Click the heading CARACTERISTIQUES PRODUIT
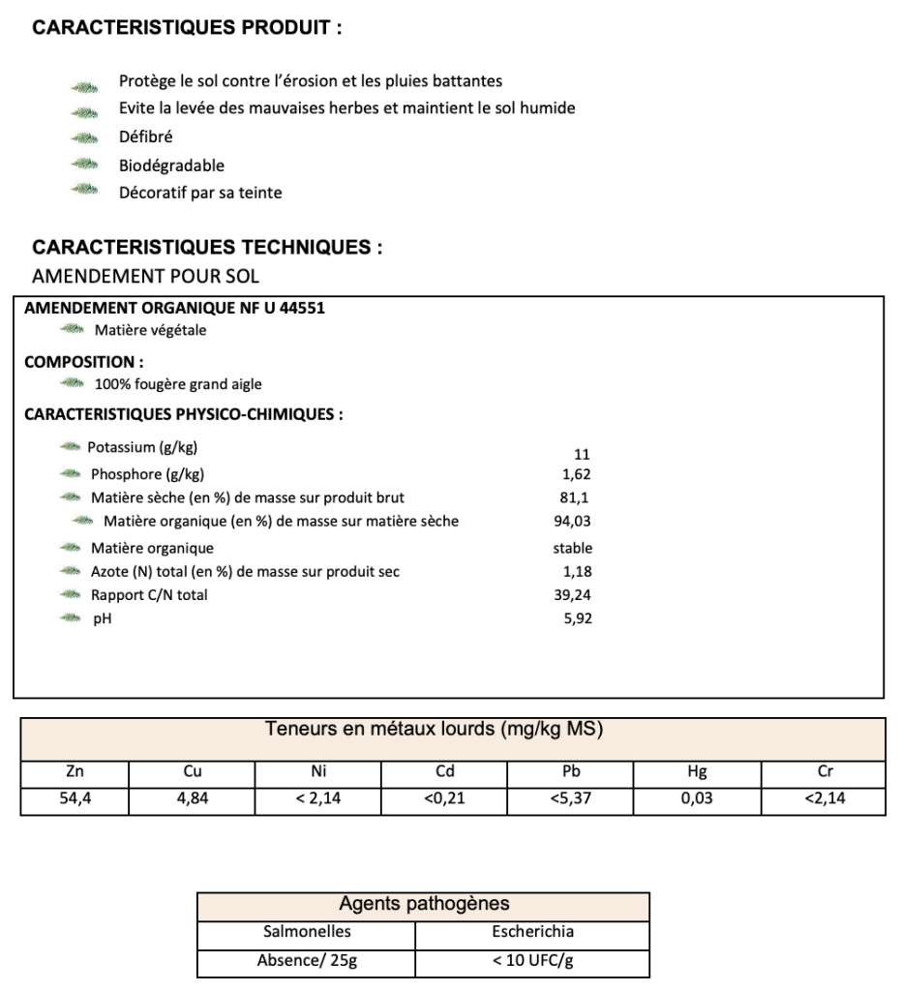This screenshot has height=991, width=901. click(x=187, y=28)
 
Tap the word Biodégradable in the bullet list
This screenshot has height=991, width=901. click(x=171, y=165)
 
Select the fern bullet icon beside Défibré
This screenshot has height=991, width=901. click(x=85, y=138)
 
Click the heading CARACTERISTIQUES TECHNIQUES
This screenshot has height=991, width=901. click(x=207, y=248)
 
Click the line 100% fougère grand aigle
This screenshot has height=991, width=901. click(x=171, y=384)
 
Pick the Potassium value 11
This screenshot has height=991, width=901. click(x=582, y=454)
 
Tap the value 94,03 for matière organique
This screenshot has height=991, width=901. click(x=571, y=522)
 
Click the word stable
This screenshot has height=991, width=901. click(x=572, y=548)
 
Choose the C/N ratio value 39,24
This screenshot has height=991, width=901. click(x=572, y=595)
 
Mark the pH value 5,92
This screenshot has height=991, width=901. click(x=577, y=618)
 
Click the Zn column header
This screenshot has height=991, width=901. click(x=74, y=772)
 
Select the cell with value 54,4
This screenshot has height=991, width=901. click(x=74, y=800)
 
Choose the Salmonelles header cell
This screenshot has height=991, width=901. click(x=306, y=933)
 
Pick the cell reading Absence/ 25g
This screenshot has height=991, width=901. click(x=306, y=962)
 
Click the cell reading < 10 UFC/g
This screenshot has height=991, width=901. click(x=532, y=962)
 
